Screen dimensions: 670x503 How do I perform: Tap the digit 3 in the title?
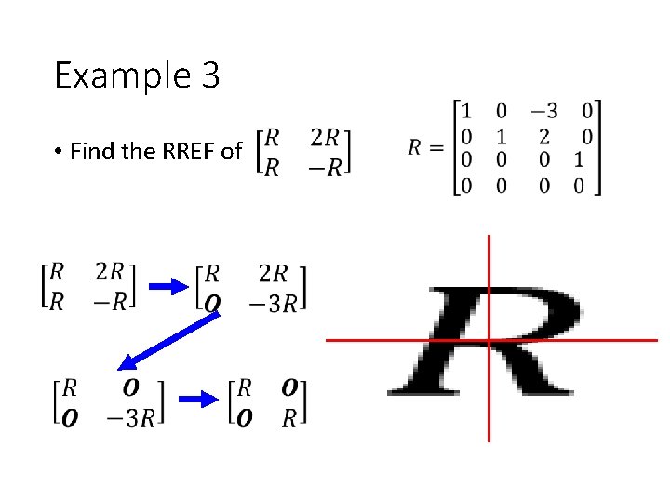click(209, 75)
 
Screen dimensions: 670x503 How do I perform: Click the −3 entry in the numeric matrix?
click(544, 112)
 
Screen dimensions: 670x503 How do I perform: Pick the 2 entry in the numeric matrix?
click(543, 137)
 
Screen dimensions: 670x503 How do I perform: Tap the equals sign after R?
click(439, 147)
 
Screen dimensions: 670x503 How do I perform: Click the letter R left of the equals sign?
click(417, 147)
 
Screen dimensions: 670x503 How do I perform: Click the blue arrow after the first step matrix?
click(167, 286)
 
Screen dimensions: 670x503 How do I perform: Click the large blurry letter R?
click(484, 340)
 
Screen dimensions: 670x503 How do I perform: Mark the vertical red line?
click(489, 279)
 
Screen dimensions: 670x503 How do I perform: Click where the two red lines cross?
click(489, 340)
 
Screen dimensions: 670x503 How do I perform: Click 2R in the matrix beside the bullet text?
click(325, 138)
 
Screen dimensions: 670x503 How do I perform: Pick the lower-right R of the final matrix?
click(289, 417)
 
